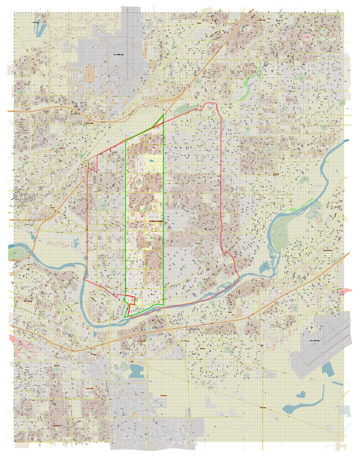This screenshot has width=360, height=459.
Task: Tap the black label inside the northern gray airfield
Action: tap(118, 54)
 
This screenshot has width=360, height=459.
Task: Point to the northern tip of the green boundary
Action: tap(163, 115)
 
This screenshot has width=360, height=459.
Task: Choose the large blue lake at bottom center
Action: tap(135, 370)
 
